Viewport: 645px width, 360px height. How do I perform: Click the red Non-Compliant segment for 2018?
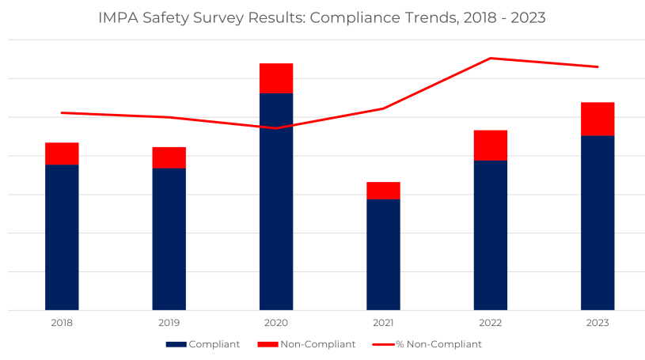[62, 153]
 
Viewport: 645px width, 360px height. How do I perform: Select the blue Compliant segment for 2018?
[62, 237]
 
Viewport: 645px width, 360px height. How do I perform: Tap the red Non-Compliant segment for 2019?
[169, 157]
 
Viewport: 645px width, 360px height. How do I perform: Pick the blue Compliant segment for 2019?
[169, 238]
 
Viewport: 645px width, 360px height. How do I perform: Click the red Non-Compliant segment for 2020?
[276, 78]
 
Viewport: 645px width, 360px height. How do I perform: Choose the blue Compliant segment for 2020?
[276, 201]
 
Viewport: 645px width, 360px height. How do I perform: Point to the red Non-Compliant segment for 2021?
[383, 191]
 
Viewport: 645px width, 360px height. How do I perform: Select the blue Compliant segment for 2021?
[383, 254]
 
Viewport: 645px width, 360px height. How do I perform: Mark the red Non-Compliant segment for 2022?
[491, 146]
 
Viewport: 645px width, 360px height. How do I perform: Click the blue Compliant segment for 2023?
[598, 222]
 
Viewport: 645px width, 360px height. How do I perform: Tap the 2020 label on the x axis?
[276, 323]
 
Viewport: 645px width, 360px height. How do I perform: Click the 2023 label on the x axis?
[598, 323]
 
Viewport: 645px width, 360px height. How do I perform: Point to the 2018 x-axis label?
[62, 323]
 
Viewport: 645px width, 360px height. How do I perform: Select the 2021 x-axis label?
[383, 323]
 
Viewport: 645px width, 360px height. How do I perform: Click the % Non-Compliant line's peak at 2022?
[491, 58]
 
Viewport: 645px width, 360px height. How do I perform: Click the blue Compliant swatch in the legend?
[176, 345]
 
